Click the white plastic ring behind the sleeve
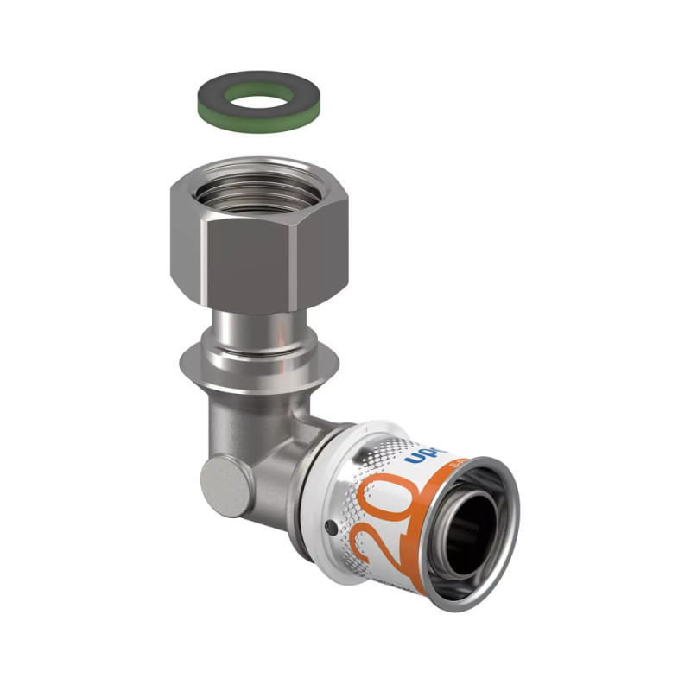tap(324, 484)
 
